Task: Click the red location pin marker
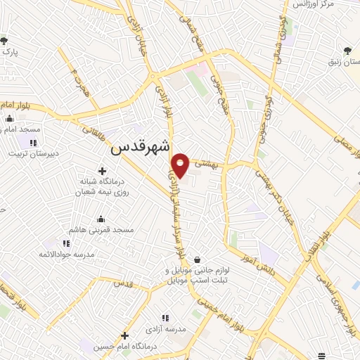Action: pos(181,165)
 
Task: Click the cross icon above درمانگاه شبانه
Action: pos(103,170)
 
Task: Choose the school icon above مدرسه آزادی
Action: pos(166,317)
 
